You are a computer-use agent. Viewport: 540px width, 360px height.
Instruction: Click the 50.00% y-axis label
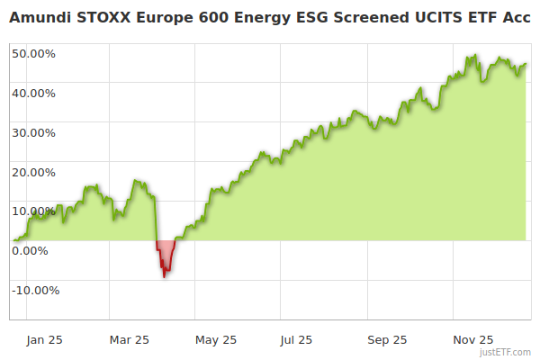tap(33, 53)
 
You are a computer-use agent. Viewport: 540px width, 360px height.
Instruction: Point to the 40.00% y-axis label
tap(33, 93)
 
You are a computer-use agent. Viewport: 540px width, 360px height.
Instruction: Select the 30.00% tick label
tap(33, 132)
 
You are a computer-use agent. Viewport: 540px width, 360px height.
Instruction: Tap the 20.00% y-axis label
tap(33, 172)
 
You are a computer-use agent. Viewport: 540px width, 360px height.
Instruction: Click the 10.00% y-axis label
tap(33, 211)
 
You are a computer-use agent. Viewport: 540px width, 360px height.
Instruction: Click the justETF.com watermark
tap(507, 352)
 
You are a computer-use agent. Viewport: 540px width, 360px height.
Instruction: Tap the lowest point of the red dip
tap(165, 276)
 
